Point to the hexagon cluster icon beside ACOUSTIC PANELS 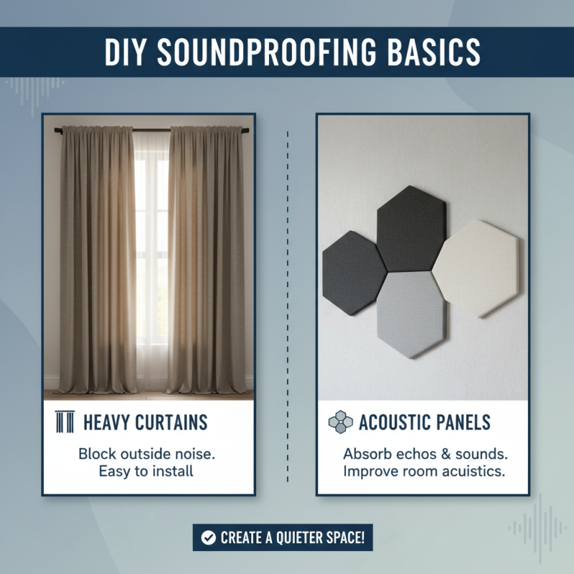340,422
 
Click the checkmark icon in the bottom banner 208,537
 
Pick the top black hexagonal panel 411,228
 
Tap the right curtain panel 206,258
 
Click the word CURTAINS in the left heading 171,422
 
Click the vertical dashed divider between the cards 287,301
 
